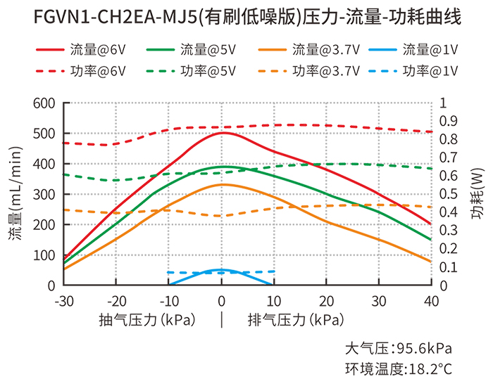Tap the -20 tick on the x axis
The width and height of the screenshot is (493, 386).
click(x=116, y=301)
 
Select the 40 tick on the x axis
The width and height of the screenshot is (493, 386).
click(x=431, y=301)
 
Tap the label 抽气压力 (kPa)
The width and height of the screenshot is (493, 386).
click(x=147, y=320)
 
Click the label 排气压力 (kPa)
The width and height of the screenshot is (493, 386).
click(x=296, y=320)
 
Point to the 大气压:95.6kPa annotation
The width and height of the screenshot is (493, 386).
click(x=398, y=349)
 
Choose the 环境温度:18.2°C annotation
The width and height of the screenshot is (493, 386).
click(x=398, y=368)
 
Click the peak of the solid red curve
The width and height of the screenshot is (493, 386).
click(x=223, y=132)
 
